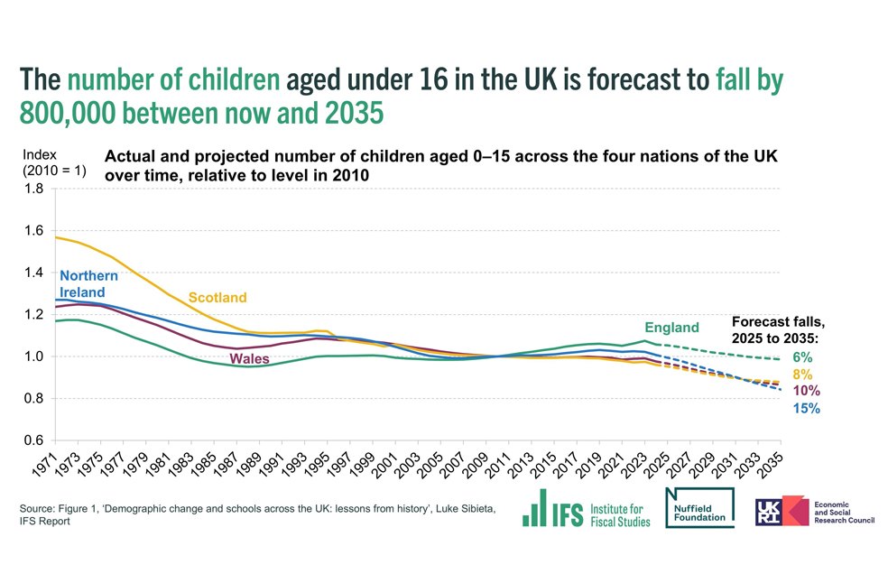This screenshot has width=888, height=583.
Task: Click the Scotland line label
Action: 217,298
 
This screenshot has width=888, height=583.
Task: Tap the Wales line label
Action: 250,359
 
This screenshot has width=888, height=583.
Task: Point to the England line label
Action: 671,328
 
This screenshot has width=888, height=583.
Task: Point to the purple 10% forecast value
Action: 806,391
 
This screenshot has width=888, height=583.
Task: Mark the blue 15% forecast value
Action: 806,409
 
